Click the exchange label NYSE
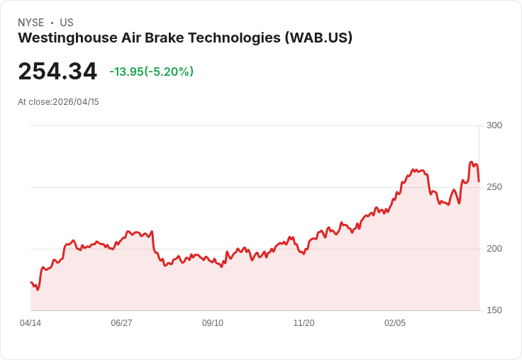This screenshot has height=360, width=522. coord(30,23)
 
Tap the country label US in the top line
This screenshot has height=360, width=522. coord(67,23)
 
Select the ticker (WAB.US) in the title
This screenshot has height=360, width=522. coord(318,38)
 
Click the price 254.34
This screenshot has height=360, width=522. coord(57,72)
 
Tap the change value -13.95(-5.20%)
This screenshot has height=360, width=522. coord(151,72)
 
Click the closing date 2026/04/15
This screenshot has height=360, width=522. coord(76,102)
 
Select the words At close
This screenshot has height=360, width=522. coord(34,102)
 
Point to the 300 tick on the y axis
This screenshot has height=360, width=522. coord(494,125)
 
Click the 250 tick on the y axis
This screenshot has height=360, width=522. coord(494,187)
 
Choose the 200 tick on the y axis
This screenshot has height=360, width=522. coord(494,249)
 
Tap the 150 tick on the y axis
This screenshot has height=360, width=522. coord(494,310)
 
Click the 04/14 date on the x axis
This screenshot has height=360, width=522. coord(30,323)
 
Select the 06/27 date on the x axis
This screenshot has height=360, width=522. coord(121,323)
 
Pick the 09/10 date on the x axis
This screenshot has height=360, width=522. coord(213,323)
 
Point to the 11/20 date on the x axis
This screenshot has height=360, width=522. coord(304,323)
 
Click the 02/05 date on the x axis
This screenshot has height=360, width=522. coord(395,323)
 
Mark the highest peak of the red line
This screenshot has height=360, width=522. coord(472,162)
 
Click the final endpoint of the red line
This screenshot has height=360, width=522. coord(479,181)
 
